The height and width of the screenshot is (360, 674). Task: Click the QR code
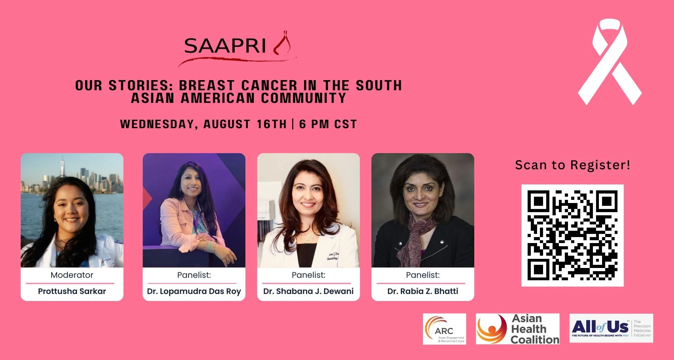[572, 235]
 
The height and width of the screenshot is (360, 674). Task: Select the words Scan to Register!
[573, 165]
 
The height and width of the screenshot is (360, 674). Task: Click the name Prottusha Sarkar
[72, 291]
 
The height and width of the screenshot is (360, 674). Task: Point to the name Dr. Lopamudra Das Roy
[194, 291]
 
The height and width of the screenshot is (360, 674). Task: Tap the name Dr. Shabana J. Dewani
[308, 291]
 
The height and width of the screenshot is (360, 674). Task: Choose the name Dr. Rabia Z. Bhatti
[423, 291]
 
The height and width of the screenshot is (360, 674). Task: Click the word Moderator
[72, 275]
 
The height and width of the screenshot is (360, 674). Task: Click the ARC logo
[444, 329]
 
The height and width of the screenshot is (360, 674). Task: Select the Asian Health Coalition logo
[517, 329]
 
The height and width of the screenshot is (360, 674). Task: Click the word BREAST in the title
[207, 86]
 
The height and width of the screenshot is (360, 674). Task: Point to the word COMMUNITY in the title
[304, 98]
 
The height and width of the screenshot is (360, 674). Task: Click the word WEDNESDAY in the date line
[157, 124]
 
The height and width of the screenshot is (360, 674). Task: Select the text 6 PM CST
[328, 124]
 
